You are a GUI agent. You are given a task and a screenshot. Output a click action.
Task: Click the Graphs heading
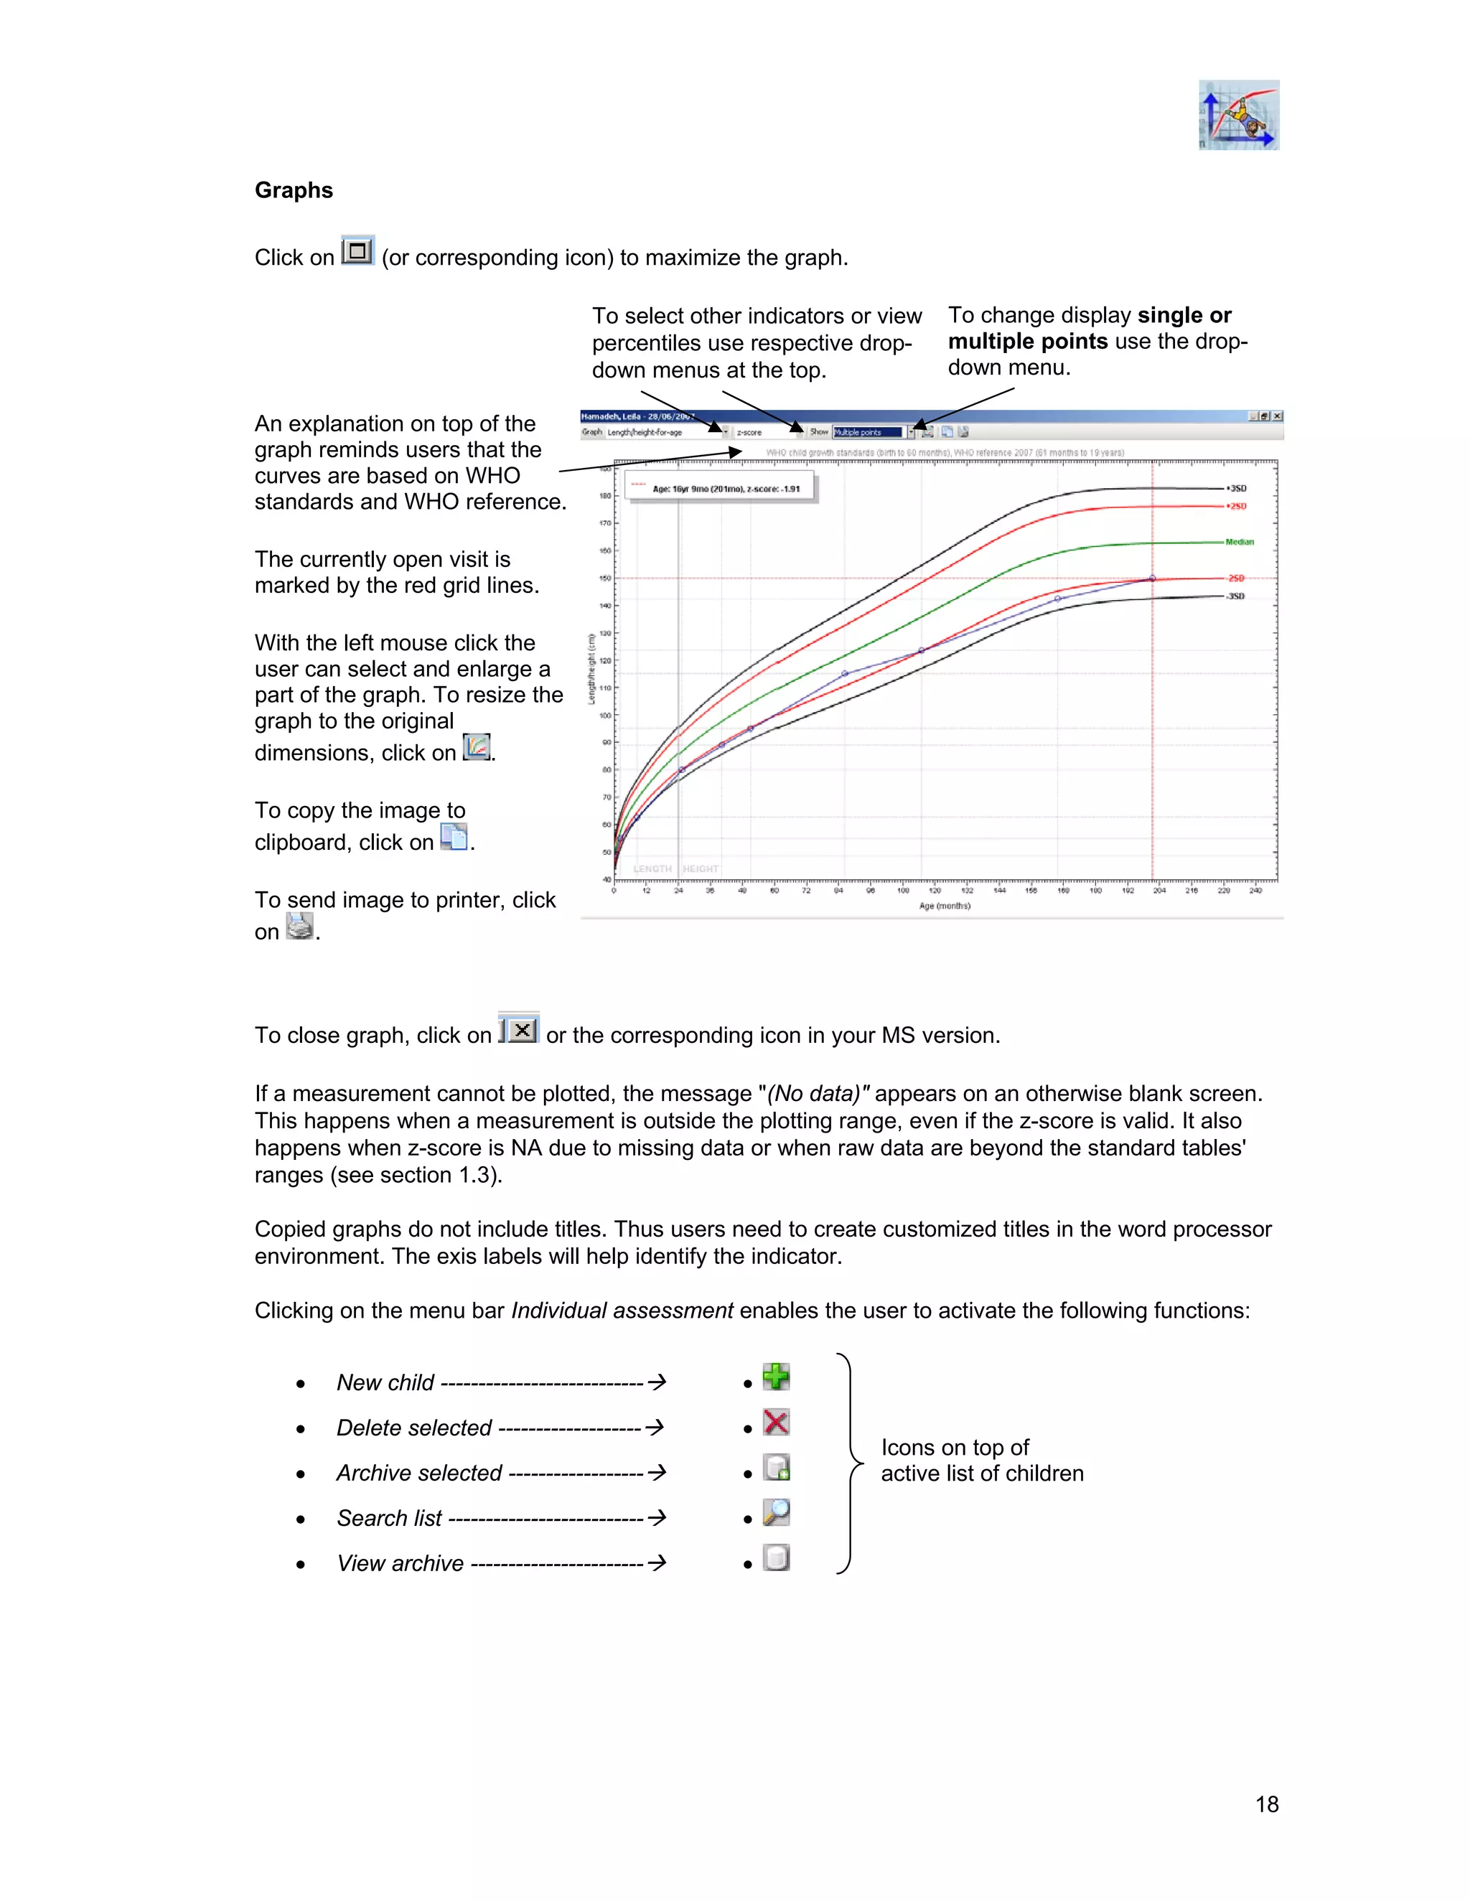point(294,190)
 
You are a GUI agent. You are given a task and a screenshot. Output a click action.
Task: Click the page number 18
point(1266,1804)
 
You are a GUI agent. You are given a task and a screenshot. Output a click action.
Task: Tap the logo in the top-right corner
point(1238,115)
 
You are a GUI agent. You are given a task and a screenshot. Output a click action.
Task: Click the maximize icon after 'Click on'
point(357,252)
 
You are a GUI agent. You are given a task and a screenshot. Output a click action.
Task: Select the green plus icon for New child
point(776,1376)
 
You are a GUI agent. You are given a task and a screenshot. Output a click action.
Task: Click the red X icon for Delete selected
point(776,1422)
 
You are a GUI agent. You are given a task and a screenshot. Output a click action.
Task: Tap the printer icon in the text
point(299,926)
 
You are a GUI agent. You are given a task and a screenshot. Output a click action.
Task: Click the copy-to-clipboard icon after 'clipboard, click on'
point(454,837)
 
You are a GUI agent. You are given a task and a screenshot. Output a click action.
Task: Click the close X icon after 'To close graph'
point(520,1029)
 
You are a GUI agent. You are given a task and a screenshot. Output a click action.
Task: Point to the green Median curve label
point(1239,542)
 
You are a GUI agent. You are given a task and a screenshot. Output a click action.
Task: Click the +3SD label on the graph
point(1237,489)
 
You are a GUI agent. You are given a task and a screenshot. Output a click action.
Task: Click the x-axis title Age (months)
point(944,906)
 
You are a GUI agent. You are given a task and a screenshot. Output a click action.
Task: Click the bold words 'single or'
point(1184,315)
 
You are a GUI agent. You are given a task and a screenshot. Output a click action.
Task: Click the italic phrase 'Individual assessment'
point(622,1310)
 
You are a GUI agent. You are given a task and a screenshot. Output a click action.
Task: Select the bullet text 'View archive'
point(400,1563)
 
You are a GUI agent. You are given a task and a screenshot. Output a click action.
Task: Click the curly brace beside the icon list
point(849,1463)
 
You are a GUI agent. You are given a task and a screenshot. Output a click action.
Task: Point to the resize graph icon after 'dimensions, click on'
point(477,747)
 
